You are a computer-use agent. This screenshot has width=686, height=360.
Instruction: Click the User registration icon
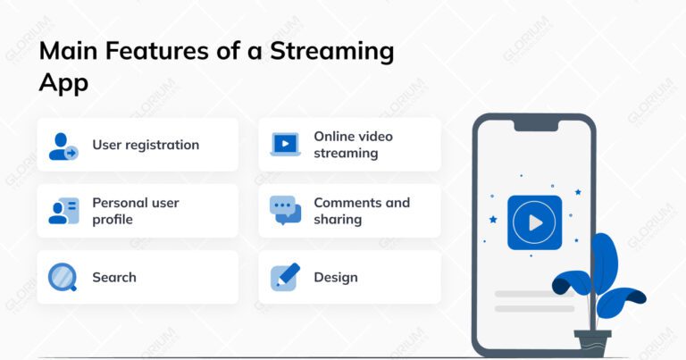click(63, 146)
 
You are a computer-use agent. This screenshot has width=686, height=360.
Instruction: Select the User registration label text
click(146, 145)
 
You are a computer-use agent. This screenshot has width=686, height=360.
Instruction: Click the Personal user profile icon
click(63, 211)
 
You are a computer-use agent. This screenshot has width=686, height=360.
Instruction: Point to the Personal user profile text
click(136, 211)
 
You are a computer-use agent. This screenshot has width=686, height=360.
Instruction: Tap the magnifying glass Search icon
click(63, 278)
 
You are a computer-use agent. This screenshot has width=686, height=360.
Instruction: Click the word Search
click(114, 278)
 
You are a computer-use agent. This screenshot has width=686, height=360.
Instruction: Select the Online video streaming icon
click(285, 145)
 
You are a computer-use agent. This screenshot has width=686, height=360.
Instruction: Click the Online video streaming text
click(353, 145)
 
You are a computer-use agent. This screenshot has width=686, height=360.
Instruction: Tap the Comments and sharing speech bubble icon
click(285, 211)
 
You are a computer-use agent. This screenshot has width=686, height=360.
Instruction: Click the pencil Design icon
click(285, 277)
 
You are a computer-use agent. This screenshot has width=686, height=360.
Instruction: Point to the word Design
click(336, 278)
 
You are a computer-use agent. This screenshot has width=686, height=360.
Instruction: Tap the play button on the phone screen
click(534, 222)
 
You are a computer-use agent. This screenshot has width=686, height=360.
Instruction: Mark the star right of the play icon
click(578, 192)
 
